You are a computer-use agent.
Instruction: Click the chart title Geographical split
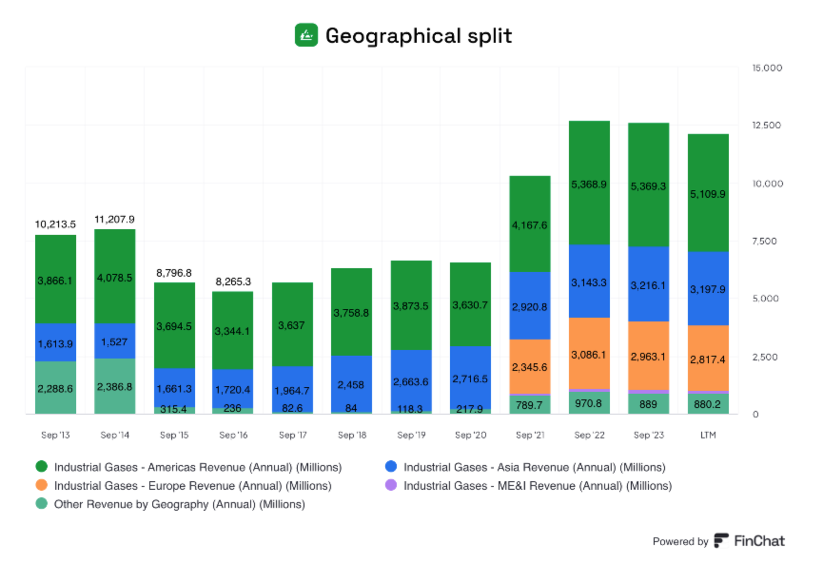(x=418, y=36)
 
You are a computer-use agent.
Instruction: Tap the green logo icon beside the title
(x=306, y=35)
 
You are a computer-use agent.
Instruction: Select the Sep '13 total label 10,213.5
(x=55, y=224)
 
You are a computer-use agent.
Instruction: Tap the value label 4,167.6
(x=529, y=225)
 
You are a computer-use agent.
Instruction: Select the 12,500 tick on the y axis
(x=766, y=126)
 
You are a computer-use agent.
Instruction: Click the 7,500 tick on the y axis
(x=764, y=242)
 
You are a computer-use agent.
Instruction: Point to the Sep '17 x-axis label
(x=293, y=435)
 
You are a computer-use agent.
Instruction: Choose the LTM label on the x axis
(x=708, y=435)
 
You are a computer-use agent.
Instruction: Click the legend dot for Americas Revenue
(x=42, y=466)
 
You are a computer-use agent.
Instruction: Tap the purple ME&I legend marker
(x=391, y=485)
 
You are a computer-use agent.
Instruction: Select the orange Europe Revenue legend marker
(x=42, y=485)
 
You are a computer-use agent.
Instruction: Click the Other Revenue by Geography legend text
(x=179, y=504)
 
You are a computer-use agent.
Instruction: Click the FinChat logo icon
(x=721, y=541)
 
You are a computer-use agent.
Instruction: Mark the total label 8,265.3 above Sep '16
(x=233, y=281)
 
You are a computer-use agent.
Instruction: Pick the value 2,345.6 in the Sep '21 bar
(x=529, y=367)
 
